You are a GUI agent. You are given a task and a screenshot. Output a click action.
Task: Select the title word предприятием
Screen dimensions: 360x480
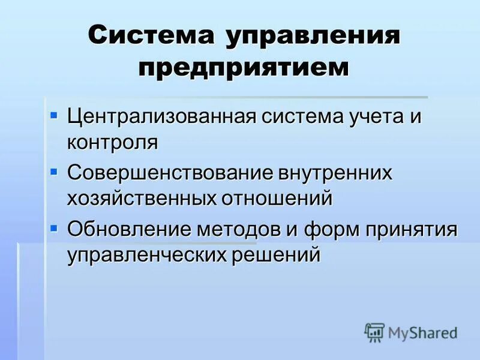[243, 67]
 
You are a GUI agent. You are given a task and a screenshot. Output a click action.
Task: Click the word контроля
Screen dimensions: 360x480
[112, 142]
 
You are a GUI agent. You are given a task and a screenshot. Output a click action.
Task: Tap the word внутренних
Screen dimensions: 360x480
[334, 172]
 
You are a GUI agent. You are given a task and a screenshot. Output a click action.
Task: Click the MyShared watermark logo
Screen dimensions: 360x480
[412, 332]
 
